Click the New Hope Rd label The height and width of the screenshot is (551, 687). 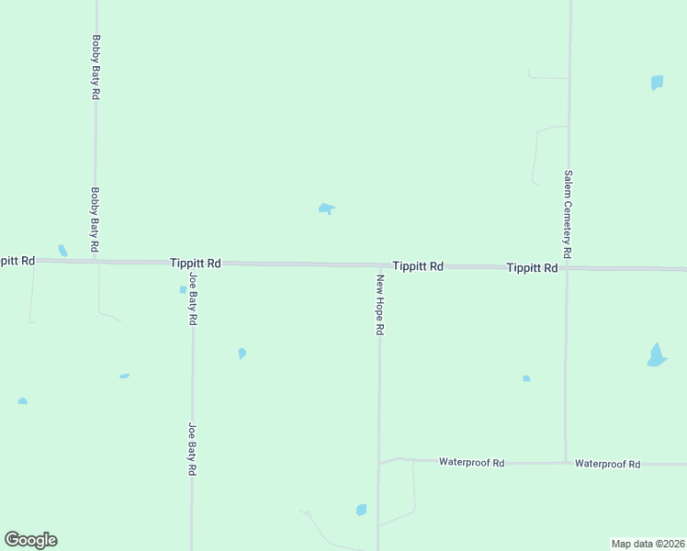point(378,304)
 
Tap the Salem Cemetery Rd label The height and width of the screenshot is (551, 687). point(569,214)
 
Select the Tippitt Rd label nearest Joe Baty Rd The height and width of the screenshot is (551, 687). point(195,263)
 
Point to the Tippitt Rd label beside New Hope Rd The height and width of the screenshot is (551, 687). point(418,265)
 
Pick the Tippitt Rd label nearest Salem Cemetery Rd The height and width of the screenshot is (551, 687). point(532,268)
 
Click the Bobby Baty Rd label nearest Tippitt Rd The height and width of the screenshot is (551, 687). point(95,221)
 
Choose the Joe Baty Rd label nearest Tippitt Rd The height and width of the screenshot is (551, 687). point(193,299)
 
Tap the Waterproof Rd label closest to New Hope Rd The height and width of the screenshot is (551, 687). point(472,463)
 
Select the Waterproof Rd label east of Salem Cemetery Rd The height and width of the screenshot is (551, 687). point(607,464)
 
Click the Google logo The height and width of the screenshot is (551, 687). point(30,540)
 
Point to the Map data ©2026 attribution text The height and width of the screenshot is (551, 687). point(648,544)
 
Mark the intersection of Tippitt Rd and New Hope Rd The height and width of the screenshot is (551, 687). point(379,265)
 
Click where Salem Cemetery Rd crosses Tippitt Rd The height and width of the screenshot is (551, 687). point(568,268)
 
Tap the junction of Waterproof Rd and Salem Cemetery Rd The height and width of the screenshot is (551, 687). point(565,463)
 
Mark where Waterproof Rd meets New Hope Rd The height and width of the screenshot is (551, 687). point(379,462)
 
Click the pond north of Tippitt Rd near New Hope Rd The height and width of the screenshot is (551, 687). point(326,208)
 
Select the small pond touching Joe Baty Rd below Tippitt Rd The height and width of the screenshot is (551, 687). point(183,289)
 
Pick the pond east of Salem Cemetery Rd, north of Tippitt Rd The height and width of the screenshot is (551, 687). point(657,83)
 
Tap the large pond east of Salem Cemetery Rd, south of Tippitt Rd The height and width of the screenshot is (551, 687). point(656,356)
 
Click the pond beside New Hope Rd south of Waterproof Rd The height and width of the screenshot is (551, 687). point(361,510)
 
